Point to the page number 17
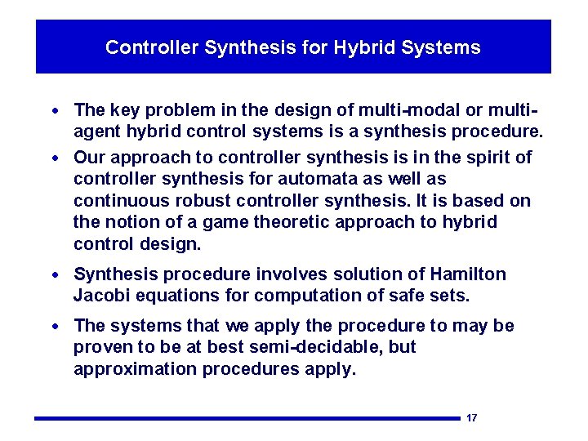(x=471, y=418)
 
